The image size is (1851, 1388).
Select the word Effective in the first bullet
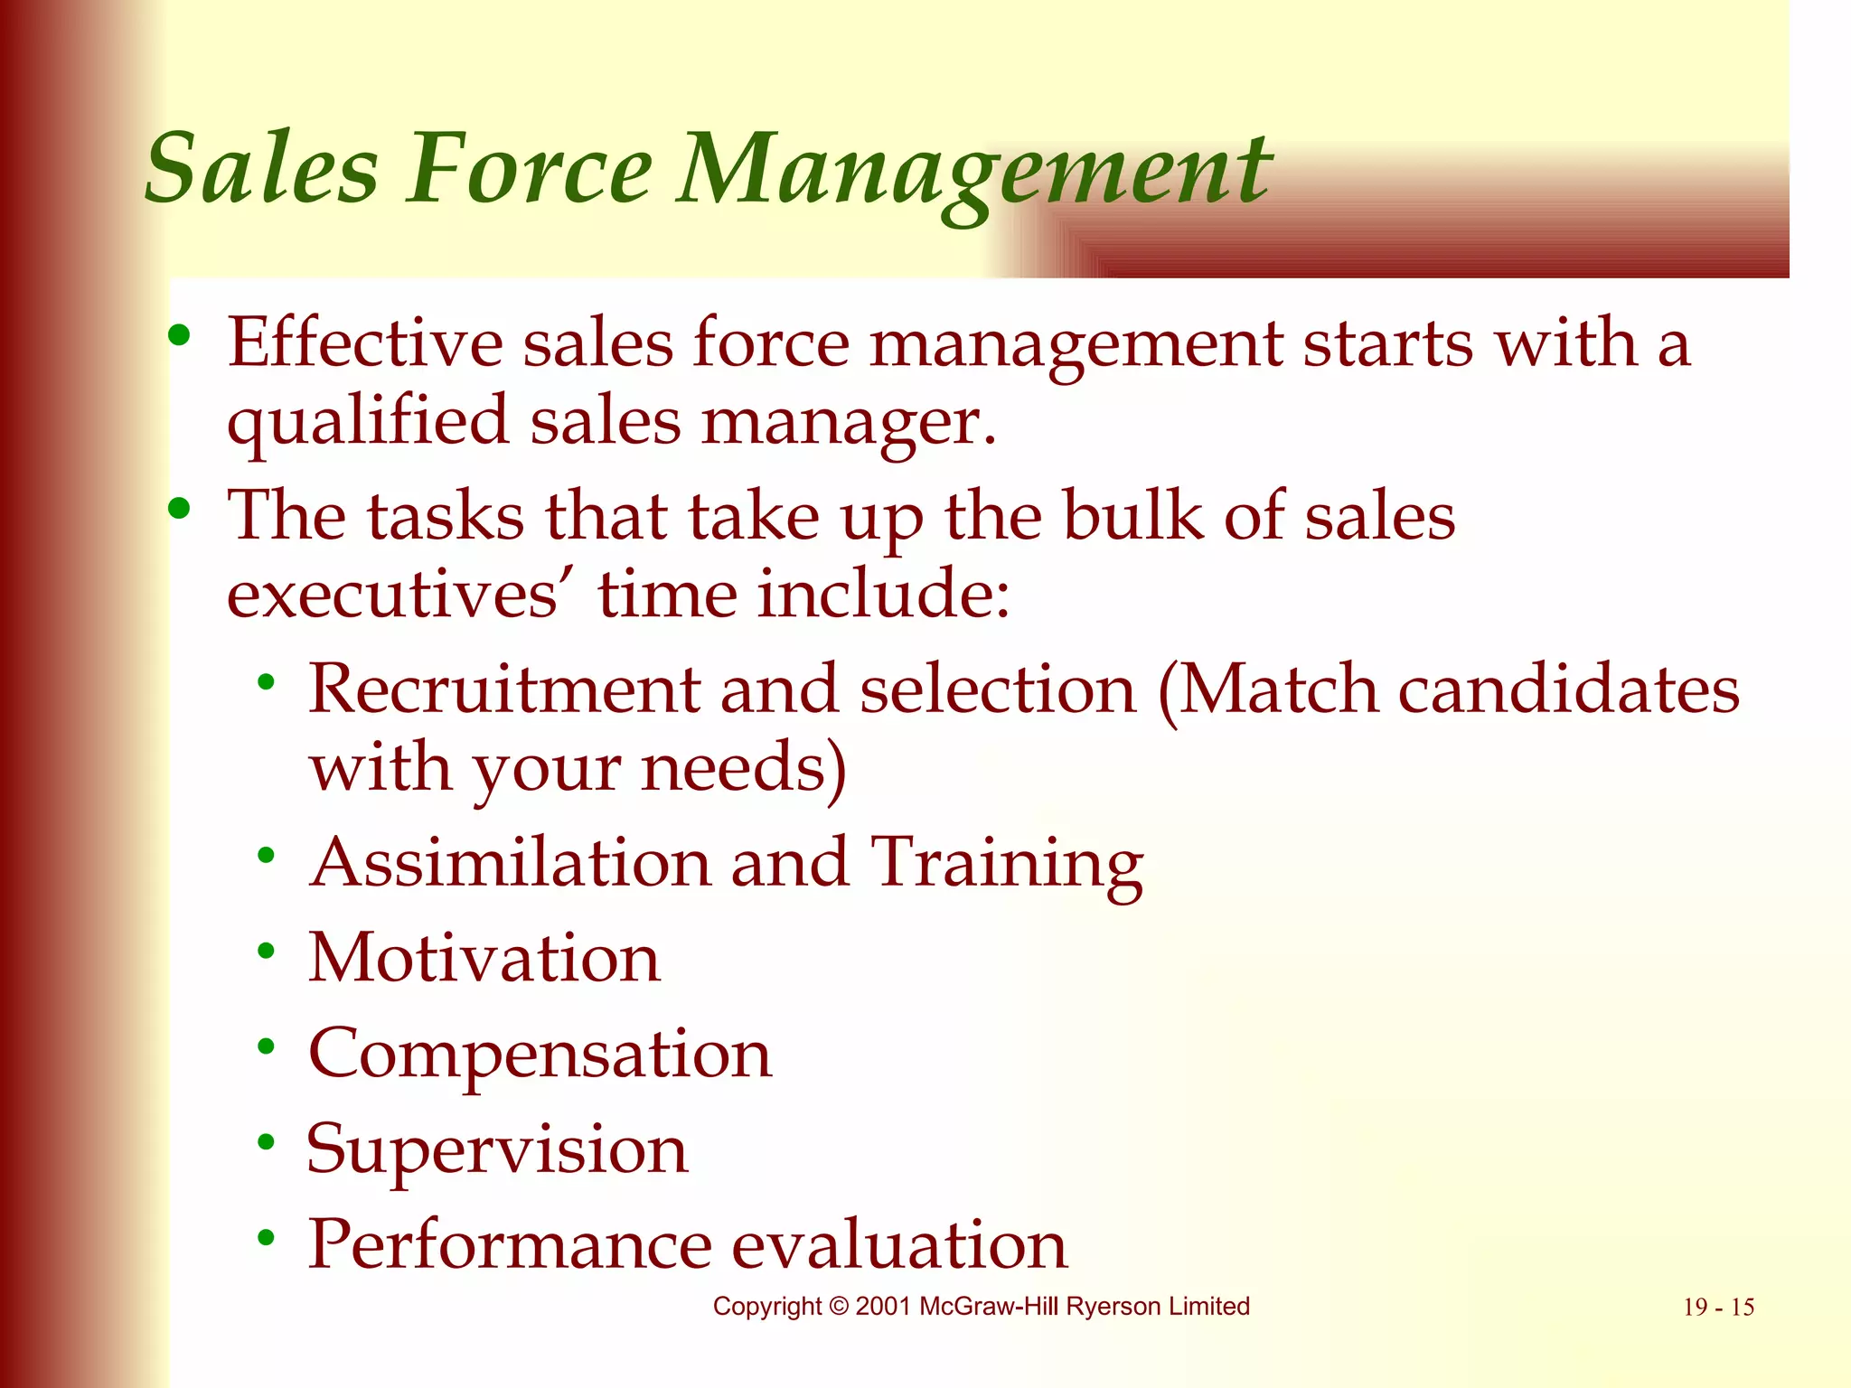[x=364, y=343]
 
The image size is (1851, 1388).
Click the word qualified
[x=368, y=422]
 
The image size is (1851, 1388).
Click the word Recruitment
[x=504, y=689]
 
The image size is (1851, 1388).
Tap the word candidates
[x=1568, y=689]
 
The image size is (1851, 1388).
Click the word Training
[x=1006, y=864]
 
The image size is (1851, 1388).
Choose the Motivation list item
[x=484, y=958]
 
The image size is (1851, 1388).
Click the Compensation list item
[x=540, y=1054]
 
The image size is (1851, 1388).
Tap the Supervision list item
[x=497, y=1150]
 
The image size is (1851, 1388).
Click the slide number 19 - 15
[x=1718, y=1308]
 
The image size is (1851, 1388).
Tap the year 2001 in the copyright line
[x=883, y=1307]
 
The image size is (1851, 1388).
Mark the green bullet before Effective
[x=179, y=336]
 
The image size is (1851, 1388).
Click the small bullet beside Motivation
[x=266, y=950]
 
